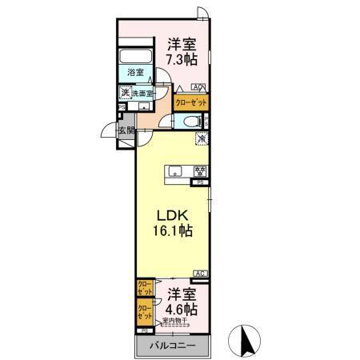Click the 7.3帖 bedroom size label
coord(182,59)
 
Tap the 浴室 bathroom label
coord(135,73)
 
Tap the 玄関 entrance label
coord(126,130)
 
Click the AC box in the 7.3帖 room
coord(197,87)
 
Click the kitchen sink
coord(177,170)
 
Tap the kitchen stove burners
coord(200,170)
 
